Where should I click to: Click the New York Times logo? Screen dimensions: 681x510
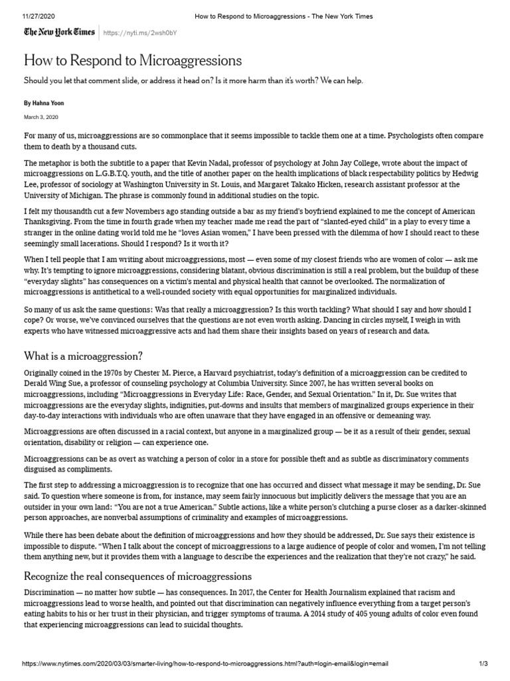click(59, 32)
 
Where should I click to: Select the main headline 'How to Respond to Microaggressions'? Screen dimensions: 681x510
click(133, 61)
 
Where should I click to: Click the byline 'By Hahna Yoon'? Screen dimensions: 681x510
click(44, 103)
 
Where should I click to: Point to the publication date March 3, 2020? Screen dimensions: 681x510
click(41, 117)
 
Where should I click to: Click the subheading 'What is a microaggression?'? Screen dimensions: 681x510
click(84, 356)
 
